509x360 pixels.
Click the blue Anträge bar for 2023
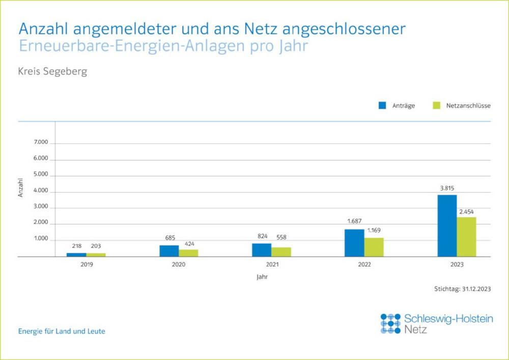point(447,226)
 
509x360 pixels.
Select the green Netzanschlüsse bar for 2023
point(466,237)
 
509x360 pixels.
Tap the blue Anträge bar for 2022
point(354,243)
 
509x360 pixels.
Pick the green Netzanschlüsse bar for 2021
point(281,252)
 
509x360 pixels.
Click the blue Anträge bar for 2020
point(169,251)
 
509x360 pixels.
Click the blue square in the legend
point(383,105)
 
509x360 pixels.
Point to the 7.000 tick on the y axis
point(41,143)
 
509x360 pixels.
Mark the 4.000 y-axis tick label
point(41,191)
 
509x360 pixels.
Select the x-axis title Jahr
point(262,278)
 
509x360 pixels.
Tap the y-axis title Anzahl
point(21,187)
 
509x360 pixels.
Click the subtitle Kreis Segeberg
point(52,71)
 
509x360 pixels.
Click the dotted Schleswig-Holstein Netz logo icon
point(390,323)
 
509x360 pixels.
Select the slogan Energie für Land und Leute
point(62,331)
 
